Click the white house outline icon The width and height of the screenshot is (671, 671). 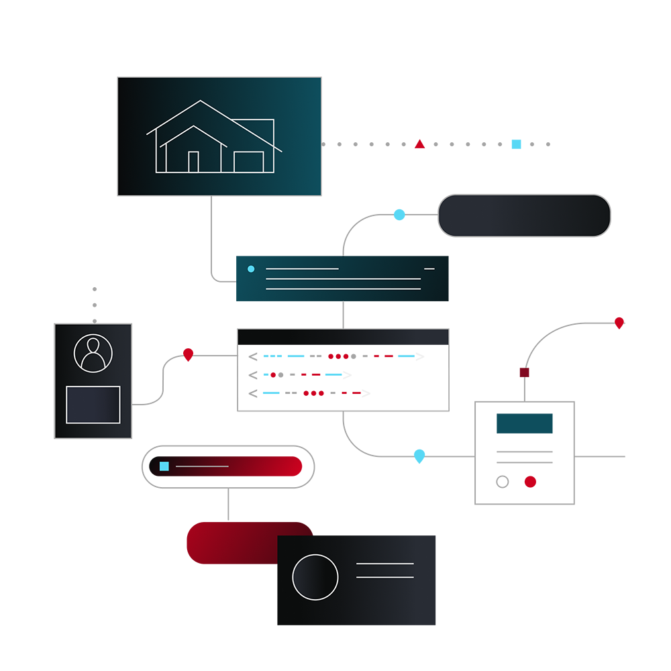click(213, 137)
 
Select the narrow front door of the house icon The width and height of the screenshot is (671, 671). click(193, 162)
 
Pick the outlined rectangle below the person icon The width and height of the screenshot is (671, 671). click(93, 405)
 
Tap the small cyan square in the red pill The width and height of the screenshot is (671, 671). click(164, 466)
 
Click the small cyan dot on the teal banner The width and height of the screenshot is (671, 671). click(251, 269)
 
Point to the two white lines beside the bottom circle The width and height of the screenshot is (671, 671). click(384, 570)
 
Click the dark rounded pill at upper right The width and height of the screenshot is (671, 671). click(523, 215)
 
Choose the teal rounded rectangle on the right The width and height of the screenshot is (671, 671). click(524, 425)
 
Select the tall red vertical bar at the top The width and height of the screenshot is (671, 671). click(419, 127)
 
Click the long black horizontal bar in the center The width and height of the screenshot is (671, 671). click(343, 335)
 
